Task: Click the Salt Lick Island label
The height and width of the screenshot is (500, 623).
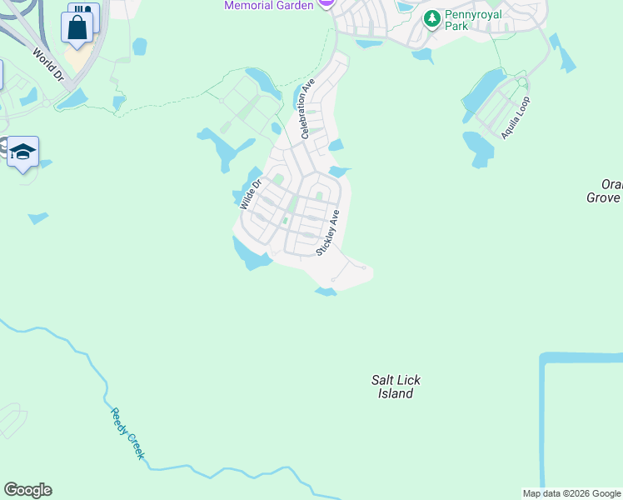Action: pos(396,387)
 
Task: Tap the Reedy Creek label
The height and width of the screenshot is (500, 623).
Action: pos(127,433)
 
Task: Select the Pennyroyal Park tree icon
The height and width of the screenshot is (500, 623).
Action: pos(431,18)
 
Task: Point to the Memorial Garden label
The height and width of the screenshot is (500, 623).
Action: pos(268,6)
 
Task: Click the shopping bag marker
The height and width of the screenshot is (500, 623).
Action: pos(77,28)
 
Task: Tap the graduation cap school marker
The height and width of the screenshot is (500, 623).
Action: pos(23,152)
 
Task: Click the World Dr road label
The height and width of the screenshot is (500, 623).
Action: pos(48,63)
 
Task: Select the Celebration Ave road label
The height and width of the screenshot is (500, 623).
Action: pos(306,108)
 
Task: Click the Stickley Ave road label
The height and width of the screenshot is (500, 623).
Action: pos(328,232)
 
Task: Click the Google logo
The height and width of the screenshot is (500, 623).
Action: pos(27,490)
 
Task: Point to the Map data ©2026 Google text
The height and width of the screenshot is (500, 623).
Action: pos(571,493)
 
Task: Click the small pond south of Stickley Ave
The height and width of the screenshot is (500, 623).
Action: pos(326,291)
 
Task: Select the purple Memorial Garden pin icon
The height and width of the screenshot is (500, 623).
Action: pos(327,2)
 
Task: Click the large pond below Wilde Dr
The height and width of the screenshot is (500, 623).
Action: pos(249,253)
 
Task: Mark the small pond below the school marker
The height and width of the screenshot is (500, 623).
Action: pos(37,218)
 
